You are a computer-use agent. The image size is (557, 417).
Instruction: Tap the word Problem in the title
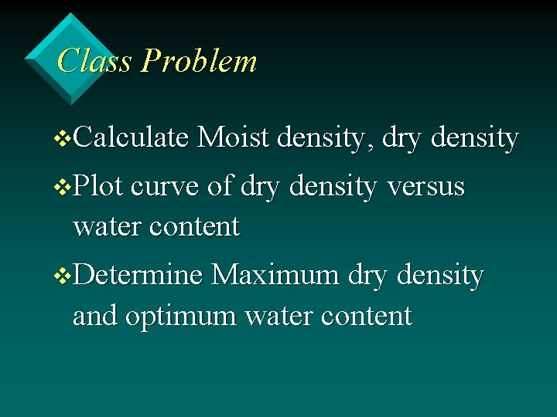[199, 60]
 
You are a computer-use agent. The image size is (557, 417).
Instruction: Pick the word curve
[166, 186]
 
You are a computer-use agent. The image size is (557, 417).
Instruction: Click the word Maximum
[275, 275]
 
